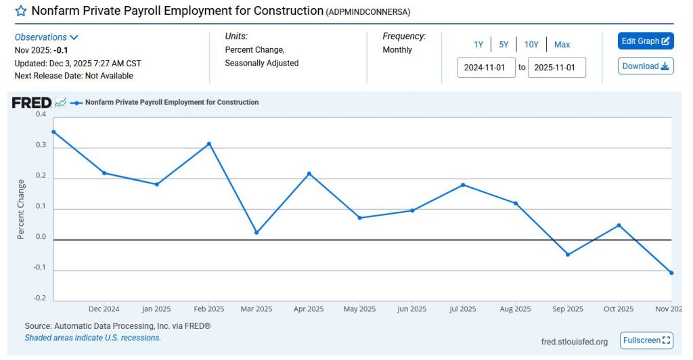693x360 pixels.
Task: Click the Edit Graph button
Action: click(x=646, y=41)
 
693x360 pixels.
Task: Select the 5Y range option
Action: click(x=504, y=45)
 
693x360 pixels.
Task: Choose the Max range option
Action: click(x=562, y=45)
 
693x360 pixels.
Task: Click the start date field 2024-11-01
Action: click(x=487, y=68)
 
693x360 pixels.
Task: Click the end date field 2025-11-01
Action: click(x=556, y=68)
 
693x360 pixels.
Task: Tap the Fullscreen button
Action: click(x=646, y=340)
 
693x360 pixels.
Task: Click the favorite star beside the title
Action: click(x=21, y=12)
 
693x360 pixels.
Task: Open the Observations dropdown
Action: click(x=47, y=37)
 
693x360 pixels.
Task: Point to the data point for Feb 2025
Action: click(x=209, y=143)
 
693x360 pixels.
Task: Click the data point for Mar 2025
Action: click(x=256, y=233)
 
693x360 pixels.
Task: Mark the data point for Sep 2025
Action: click(x=568, y=254)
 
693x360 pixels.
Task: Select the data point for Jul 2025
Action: click(x=463, y=185)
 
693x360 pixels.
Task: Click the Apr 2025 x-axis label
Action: click(x=309, y=309)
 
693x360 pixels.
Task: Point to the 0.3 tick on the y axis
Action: click(x=41, y=145)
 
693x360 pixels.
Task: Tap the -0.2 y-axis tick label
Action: click(x=40, y=298)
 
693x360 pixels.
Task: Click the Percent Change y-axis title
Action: click(x=21, y=209)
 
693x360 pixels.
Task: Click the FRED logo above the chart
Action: click(x=32, y=103)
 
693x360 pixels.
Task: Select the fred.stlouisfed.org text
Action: click(x=575, y=341)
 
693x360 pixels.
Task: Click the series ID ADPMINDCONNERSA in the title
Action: click(x=368, y=12)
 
